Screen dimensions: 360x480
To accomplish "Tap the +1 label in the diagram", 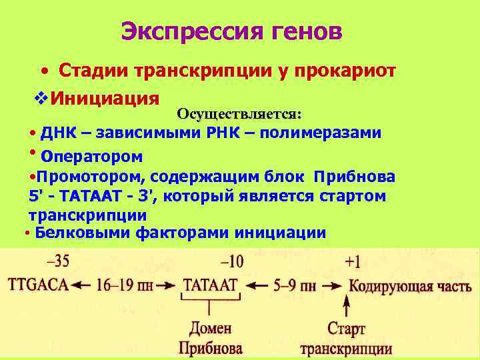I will (x=354, y=261).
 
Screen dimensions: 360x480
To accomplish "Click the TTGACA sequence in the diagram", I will (x=38, y=286).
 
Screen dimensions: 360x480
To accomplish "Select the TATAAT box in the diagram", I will (x=210, y=286).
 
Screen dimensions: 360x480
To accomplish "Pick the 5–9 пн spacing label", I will (x=295, y=286).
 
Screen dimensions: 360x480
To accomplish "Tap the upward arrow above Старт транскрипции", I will (x=347, y=308).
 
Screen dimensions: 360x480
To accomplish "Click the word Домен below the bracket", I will (x=210, y=329).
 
